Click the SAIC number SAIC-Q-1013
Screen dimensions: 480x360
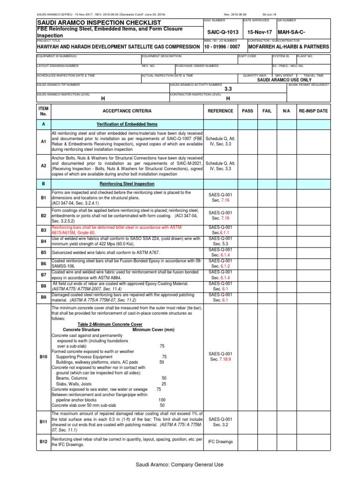click(220, 32)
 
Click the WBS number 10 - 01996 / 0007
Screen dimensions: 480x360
click(222, 47)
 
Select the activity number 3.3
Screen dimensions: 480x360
click(228, 89)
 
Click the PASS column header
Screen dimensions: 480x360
click(247, 111)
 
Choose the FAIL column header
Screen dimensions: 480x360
click(267, 111)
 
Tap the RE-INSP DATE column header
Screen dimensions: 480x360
click(314, 111)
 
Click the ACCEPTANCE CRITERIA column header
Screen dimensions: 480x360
click(127, 111)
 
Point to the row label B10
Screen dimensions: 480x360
click(43, 357)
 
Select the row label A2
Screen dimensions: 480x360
click(43, 165)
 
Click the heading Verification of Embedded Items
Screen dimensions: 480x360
click(127, 124)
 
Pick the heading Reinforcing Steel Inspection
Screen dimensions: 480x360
click(127, 184)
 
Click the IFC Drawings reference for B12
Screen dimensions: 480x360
click(220, 442)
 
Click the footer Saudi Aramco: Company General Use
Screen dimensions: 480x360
click(180, 465)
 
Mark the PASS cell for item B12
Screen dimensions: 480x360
click(247, 442)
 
